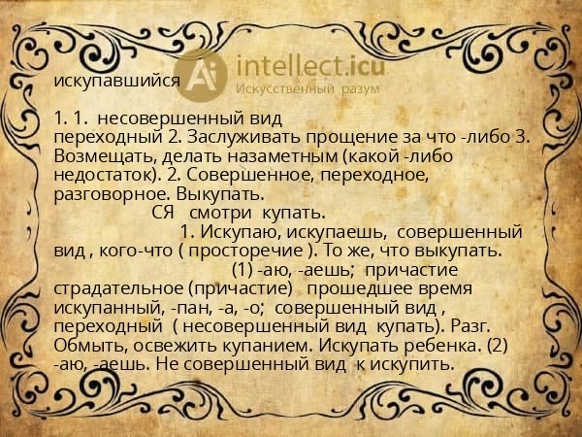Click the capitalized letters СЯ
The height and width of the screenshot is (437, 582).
(164, 212)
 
